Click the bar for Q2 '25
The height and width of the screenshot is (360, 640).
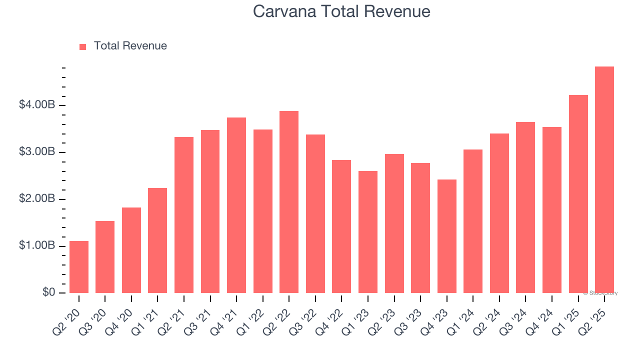coord(604,180)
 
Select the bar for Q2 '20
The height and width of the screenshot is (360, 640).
coord(79,267)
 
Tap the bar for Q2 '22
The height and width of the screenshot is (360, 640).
coord(289,202)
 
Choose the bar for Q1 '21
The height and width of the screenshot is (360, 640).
coord(157,240)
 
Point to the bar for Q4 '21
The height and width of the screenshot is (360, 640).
coord(236,205)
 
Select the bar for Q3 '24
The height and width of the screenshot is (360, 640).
coord(525,207)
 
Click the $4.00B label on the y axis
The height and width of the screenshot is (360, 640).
coord(37,105)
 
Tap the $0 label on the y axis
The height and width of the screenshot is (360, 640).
coord(48,293)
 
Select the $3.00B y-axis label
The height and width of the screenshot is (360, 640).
coord(37,152)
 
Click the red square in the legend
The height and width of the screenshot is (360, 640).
coord(83,47)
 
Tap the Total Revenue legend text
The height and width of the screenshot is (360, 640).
coord(130,46)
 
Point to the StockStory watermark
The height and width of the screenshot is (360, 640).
coord(600,293)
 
